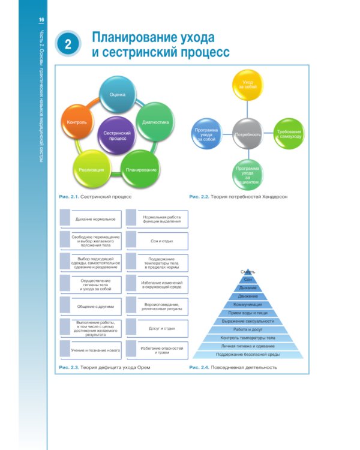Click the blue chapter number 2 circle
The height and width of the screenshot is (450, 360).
(x=68, y=44)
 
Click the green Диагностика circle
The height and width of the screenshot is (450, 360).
(x=155, y=122)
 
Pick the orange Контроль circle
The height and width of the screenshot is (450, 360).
(x=78, y=122)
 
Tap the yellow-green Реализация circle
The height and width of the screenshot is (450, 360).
(x=91, y=169)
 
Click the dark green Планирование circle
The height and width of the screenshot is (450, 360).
(x=141, y=169)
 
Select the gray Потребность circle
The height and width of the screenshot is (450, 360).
(x=247, y=135)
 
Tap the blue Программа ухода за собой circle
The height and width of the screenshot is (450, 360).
(x=206, y=136)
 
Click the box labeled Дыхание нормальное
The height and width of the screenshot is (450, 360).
(x=92, y=219)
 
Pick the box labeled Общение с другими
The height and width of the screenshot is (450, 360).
(x=92, y=306)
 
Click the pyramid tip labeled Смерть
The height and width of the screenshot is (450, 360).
(x=248, y=272)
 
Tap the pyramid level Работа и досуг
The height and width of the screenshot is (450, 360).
(x=248, y=329)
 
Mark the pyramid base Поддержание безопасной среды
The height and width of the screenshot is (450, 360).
(x=248, y=355)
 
